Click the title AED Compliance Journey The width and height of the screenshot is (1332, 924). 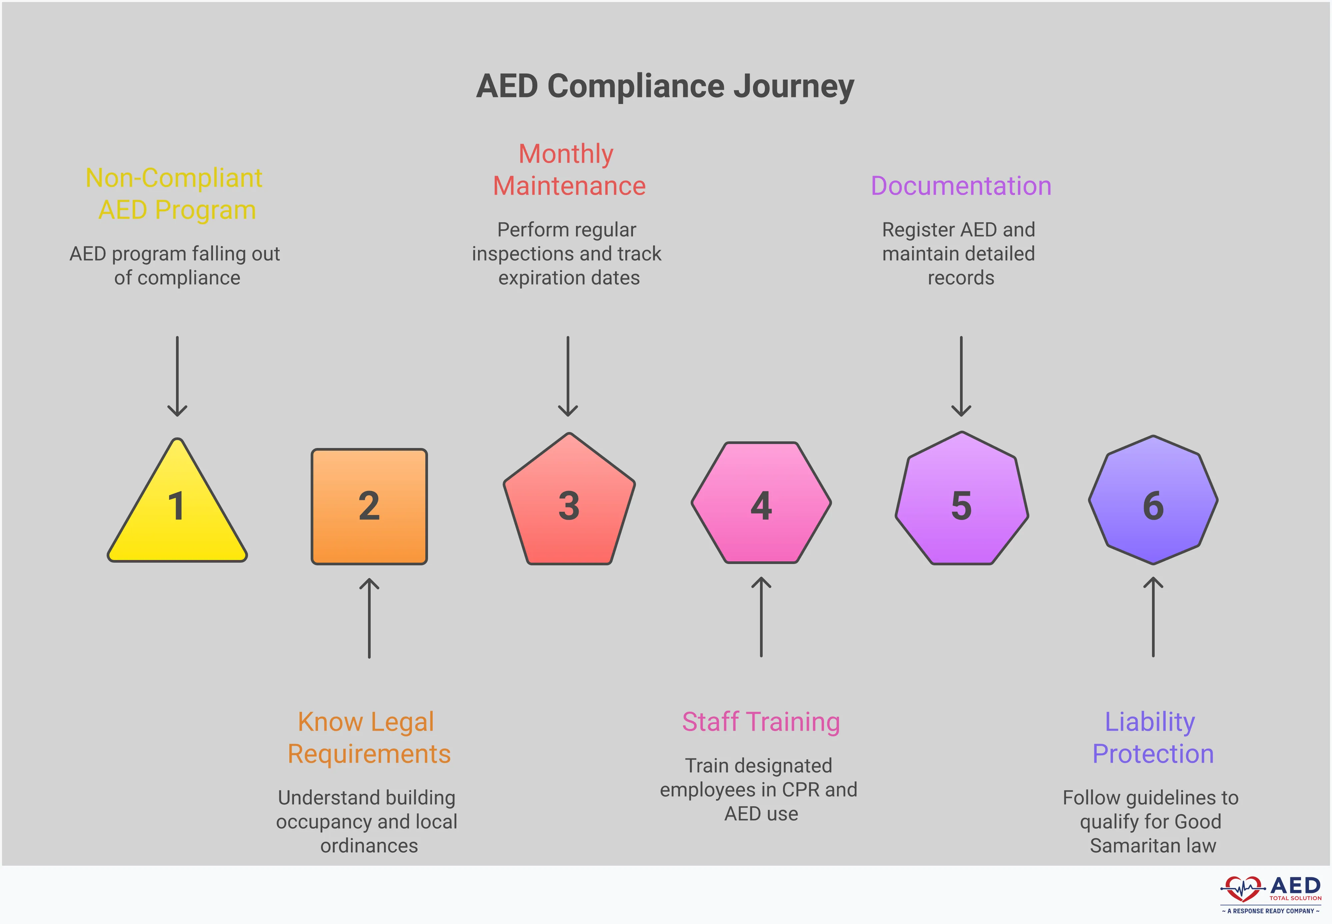point(665,86)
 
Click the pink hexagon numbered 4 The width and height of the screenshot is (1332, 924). point(761,504)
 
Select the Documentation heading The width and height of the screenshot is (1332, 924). point(961,186)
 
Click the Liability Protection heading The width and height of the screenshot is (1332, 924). point(1152,738)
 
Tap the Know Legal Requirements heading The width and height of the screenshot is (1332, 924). point(369,738)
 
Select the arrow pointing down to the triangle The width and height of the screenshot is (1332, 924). point(177,376)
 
